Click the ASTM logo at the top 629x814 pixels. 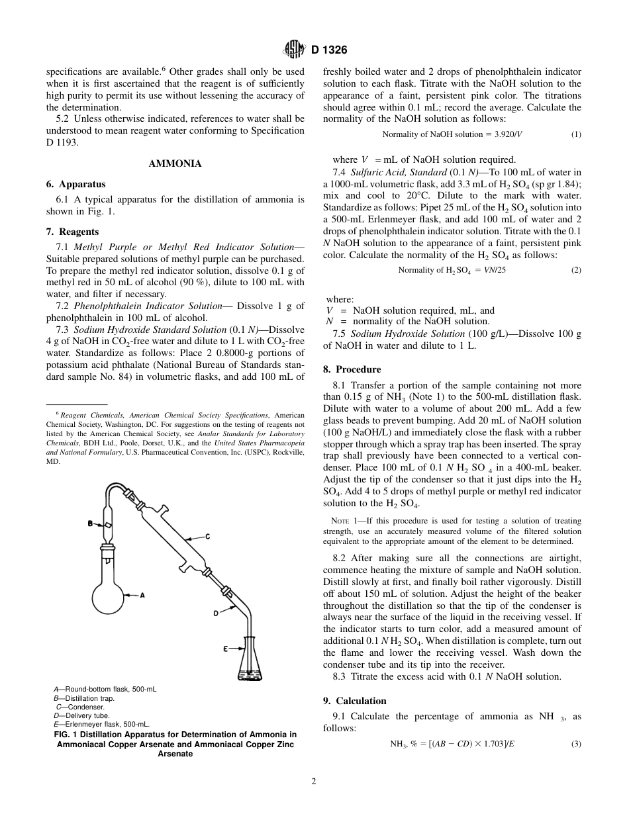point(293,50)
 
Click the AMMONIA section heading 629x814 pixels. point(175,163)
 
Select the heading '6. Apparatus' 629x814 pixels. point(75,185)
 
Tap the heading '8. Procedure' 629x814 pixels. point(352,369)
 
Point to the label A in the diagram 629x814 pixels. point(142,595)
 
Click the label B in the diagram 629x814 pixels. point(91,524)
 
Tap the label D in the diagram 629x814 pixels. point(216,613)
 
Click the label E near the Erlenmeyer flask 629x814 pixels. point(225,649)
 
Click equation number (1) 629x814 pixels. point(576,134)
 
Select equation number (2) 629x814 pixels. point(576,270)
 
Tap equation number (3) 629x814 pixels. point(576,744)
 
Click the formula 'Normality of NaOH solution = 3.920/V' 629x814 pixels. point(452,134)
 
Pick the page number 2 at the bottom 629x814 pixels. point(314,781)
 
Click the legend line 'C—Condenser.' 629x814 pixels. point(80,707)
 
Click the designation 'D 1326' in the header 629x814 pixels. point(329,50)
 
